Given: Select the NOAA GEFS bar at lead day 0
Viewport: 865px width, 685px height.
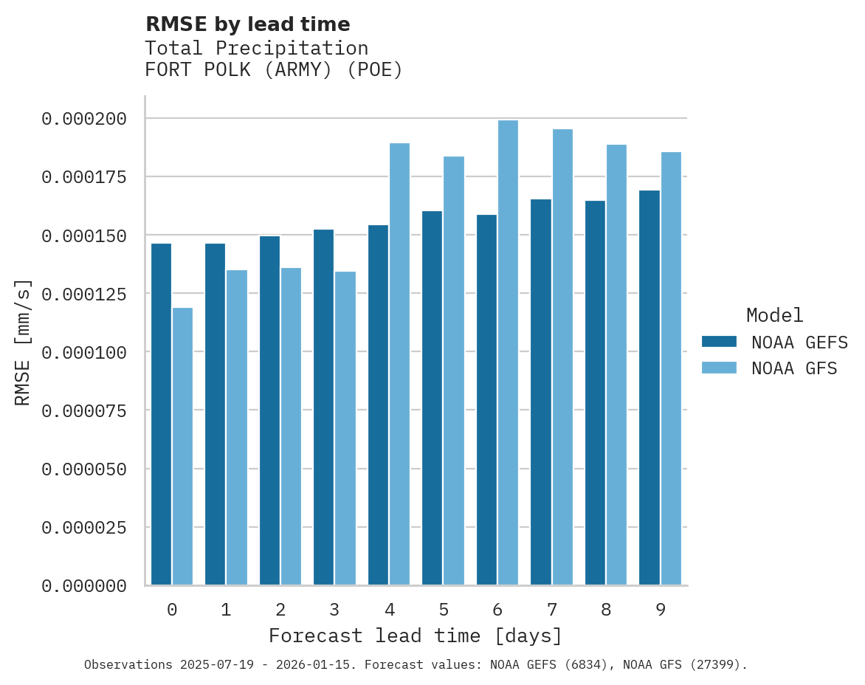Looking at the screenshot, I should tap(161, 414).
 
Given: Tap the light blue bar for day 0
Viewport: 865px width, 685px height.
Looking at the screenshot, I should tap(182, 447).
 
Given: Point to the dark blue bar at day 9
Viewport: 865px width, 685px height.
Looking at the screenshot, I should tap(649, 388).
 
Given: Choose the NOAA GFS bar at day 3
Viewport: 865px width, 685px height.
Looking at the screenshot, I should tap(345, 428).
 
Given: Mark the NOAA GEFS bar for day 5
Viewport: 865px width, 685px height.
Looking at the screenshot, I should tap(432, 398).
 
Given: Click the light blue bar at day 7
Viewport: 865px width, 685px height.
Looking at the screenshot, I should tap(562, 357).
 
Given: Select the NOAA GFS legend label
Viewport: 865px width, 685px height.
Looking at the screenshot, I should tap(794, 368).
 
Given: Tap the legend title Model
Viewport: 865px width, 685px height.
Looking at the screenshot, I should tap(774, 316).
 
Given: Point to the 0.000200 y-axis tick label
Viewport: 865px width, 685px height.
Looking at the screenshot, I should tap(84, 119).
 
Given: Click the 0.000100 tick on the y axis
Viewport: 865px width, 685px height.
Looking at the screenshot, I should tap(84, 352).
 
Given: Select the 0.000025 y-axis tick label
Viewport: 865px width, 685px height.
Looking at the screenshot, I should tap(84, 528).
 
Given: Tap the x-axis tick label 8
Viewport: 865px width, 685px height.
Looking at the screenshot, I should tap(606, 610).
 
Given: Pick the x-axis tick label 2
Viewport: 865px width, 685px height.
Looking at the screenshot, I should tap(280, 610).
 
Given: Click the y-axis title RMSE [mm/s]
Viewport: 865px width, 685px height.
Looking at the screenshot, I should tap(23, 342).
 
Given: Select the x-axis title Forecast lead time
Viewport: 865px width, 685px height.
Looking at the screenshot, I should tap(416, 636).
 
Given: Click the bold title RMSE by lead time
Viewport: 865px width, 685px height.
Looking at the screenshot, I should tap(247, 24).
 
